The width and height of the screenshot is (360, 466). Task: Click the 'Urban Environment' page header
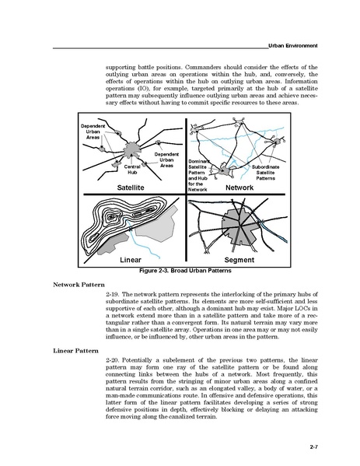point(293,46)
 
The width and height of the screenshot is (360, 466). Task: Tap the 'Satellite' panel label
point(131,187)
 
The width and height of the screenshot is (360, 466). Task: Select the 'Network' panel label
point(239,187)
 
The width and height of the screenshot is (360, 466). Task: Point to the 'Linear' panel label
point(131,260)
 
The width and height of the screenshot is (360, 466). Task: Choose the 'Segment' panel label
point(239,260)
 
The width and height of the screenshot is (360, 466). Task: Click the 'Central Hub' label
point(132,170)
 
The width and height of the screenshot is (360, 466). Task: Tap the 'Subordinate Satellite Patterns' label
point(266,173)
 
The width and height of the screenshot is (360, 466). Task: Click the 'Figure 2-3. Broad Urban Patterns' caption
point(185,271)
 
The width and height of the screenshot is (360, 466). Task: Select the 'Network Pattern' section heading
point(79,285)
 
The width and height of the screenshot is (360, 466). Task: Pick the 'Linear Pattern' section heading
point(75,351)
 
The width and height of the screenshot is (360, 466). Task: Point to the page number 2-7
point(314,447)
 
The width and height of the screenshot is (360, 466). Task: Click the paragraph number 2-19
point(113,295)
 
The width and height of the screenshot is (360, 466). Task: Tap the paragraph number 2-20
point(113,360)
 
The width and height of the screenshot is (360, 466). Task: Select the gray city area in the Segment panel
point(239,226)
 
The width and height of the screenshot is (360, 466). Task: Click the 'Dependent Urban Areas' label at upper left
point(93,131)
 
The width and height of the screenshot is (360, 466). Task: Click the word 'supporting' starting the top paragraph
point(121,67)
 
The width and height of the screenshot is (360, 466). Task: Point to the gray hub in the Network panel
point(223,171)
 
